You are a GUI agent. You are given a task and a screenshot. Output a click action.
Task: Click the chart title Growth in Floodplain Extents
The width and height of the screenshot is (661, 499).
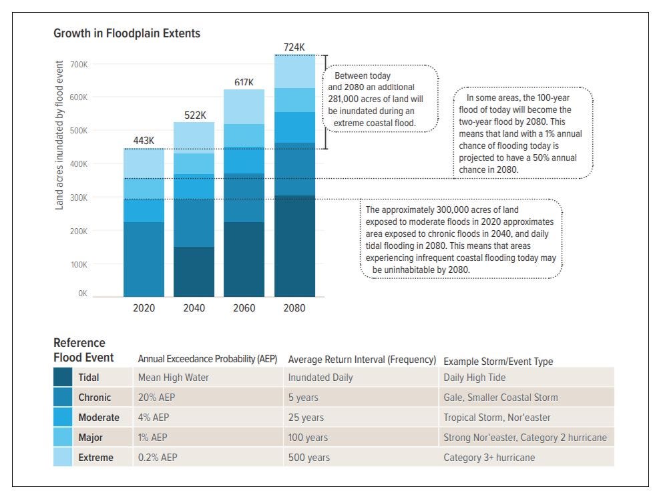[x=126, y=33]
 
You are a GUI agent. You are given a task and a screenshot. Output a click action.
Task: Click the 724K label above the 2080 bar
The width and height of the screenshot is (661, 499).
[x=294, y=47]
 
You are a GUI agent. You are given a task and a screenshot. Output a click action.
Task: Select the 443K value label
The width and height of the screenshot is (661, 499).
[x=144, y=141]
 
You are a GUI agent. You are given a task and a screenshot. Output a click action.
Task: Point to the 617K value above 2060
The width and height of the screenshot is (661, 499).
[x=244, y=82]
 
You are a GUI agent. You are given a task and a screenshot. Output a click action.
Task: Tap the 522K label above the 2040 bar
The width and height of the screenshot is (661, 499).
[x=195, y=115]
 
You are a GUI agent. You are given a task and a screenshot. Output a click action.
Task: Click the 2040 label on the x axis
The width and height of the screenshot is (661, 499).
[x=194, y=308]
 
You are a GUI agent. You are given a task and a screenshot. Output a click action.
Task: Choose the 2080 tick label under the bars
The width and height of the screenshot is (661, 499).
[x=294, y=308]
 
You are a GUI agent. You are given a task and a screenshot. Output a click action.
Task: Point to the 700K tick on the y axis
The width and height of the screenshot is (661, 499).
[x=79, y=65]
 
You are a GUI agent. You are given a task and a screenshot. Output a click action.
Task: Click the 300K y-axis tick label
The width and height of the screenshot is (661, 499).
[x=79, y=197]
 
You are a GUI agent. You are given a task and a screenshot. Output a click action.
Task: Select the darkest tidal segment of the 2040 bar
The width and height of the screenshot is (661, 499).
[x=194, y=272]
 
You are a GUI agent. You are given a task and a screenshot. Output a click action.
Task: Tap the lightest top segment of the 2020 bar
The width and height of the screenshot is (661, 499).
[x=144, y=163]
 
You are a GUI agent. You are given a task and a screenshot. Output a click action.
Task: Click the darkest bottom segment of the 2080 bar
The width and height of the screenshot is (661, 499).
[x=294, y=246]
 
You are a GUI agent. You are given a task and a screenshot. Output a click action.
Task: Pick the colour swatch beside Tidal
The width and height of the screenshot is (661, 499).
[x=63, y=378]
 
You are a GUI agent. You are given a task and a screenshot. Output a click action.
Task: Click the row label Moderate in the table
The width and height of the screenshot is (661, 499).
[x=99, y=418]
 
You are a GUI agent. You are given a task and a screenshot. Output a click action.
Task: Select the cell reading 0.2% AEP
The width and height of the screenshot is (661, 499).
[x=158, y=458]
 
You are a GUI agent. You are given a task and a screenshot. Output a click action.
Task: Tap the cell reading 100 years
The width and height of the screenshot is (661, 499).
[x=308, y=438]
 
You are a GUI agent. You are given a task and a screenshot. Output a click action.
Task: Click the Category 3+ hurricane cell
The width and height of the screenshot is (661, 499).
[x=489, y=458]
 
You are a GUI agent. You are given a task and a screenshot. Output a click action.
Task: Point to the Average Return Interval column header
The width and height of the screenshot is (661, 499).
[x=362, y=360]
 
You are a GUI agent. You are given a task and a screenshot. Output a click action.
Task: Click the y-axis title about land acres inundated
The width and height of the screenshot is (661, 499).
[x=59, y=135]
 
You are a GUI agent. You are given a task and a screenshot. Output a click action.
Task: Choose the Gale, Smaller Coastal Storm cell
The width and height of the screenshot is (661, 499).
[x=500, y=398]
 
